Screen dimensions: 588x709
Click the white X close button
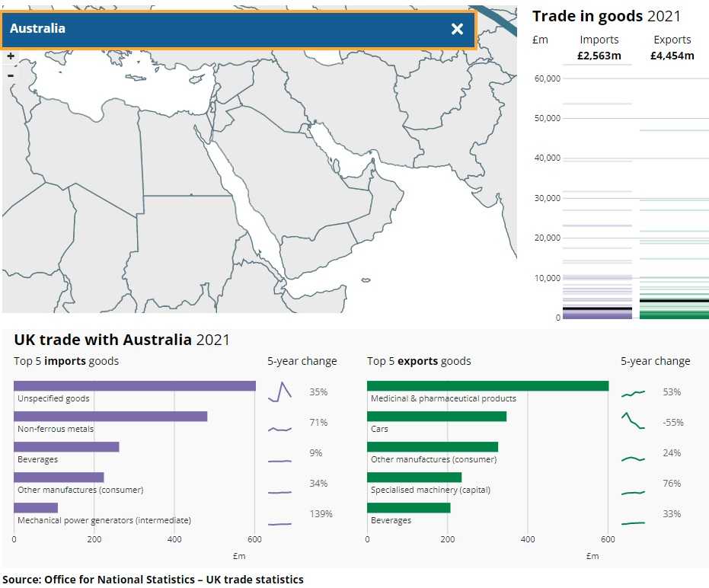click(457, 29)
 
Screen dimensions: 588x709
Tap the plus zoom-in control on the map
click(11, 56)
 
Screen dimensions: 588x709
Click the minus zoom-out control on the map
click(11, 75)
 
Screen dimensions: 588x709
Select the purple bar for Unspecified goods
click(135, 385)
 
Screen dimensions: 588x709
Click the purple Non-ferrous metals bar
click(110, 416)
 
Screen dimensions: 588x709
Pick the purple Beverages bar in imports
click(66, 446)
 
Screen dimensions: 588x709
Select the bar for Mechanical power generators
click(36, 507)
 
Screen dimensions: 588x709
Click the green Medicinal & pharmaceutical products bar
click(487, 385)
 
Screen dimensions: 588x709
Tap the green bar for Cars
click(436, 416)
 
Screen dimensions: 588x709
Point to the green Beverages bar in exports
click(408, 507)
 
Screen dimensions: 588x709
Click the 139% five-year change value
click(321, 514)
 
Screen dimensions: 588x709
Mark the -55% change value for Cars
click(672, 423)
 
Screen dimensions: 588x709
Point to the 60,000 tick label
click(548, 78)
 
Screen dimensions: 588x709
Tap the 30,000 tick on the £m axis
click(548, 198)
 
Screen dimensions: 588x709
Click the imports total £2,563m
click(599, 56)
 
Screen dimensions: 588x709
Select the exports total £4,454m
click(672, 56)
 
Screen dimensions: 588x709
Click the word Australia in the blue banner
click(37, 29)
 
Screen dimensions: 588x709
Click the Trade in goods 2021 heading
click(606, 16)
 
